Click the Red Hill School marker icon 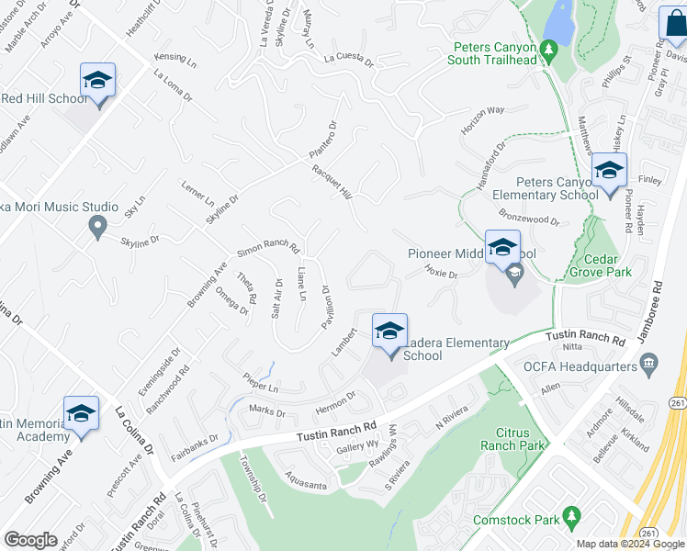coord(97,81)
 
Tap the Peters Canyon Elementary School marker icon coord(609,172)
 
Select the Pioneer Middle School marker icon coord(502,248)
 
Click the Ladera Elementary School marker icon coord(389,332)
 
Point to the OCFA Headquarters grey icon coord(650,367)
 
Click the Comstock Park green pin coord(572,520)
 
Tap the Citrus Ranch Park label coord(506,437)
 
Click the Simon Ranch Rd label coord(268,248)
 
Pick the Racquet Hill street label coord(332,180)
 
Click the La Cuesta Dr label coord(349,61)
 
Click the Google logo coord(31,540)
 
